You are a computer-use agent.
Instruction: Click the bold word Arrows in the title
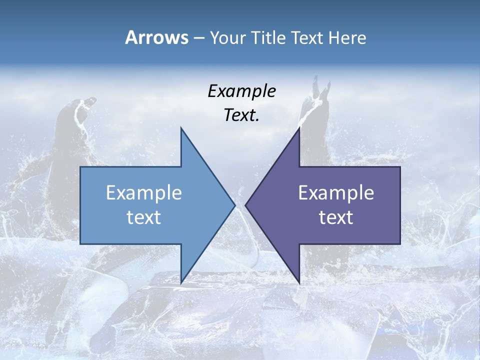pyautogui.click(x=157, y=38)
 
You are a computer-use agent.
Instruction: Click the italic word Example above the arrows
pyautogui.click(x=242, y=91)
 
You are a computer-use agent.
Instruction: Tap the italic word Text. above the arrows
pyautogui.click(x=242, y=115)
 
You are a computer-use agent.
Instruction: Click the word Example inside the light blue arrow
pyautogui.click(x=144, y=193)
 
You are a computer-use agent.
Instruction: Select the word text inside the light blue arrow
pyautogui.click(x=144, y=217)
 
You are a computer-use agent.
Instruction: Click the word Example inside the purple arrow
pyautogui.click(x=336, y=193)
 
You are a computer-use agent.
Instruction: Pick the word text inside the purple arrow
pyautogui.click(x=336, y=217)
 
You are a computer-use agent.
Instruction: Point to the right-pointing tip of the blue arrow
pyautogui.click(x=234, y=205)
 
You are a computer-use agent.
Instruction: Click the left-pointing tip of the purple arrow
pyautogui.click(x=245, y=205)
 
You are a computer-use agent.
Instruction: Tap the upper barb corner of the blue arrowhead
pyautogui.click(x=181, y=128)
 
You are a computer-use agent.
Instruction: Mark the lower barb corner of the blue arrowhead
pyautogui.click(x=181, y=283)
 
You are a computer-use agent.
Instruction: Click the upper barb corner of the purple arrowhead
pyautogui.click(x=299, y=128)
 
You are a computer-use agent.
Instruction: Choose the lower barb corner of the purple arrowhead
pyautogui.click(x=299, y=283)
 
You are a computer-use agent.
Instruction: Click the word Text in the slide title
pyautogui.click(x=307, y=38)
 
